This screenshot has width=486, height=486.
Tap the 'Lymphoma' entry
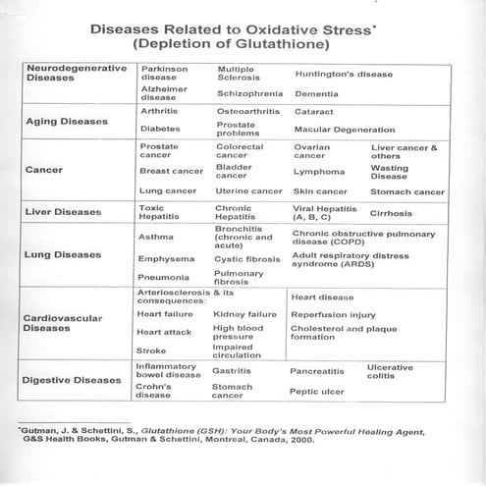pos(318,170)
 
